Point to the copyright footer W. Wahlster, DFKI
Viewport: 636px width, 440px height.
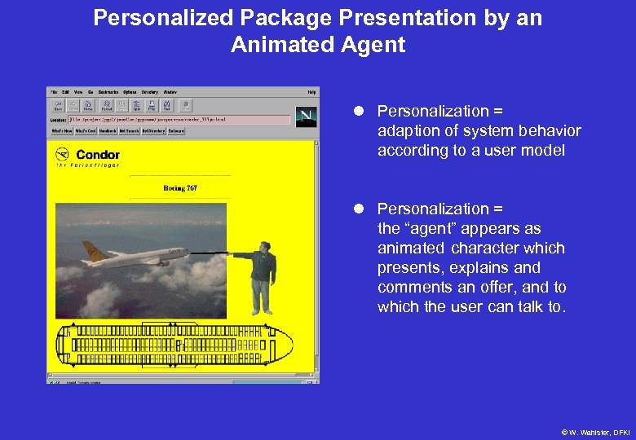[x=594, y=432]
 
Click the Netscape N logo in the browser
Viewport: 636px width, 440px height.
[x=307, y=117]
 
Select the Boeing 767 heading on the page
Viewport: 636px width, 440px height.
[x=180, y=188]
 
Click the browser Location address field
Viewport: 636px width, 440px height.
[x=179, y=120]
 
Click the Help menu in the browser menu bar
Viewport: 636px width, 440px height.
[x=311, y=92]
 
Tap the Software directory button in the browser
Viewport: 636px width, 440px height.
[x=176, y=130]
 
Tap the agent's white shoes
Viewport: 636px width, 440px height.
[x=260, y=311]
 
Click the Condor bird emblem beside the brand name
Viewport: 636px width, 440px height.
[x=62, y=154]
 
